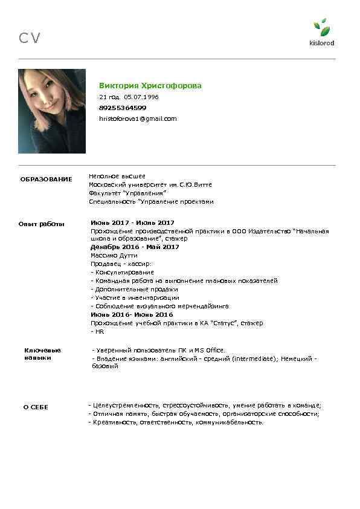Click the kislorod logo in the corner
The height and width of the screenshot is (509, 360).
321,33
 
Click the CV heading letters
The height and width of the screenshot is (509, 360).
30,39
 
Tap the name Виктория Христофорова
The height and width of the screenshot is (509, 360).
150,86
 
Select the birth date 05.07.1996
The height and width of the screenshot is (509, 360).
141,97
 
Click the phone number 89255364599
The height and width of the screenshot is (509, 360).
123,108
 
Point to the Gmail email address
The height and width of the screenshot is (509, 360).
138,118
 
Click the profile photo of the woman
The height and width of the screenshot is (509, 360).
52,111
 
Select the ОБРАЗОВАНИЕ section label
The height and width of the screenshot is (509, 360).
46,180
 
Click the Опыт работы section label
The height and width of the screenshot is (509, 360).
42,224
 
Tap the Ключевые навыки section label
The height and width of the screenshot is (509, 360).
42,354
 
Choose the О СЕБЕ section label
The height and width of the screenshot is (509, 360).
36,407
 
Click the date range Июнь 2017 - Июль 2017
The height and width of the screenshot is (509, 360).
132,223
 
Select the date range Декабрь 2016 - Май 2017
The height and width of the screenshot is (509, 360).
135,247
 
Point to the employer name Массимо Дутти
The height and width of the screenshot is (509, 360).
114,256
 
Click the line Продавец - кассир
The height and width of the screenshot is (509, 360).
121,264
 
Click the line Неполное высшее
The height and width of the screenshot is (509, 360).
117,176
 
